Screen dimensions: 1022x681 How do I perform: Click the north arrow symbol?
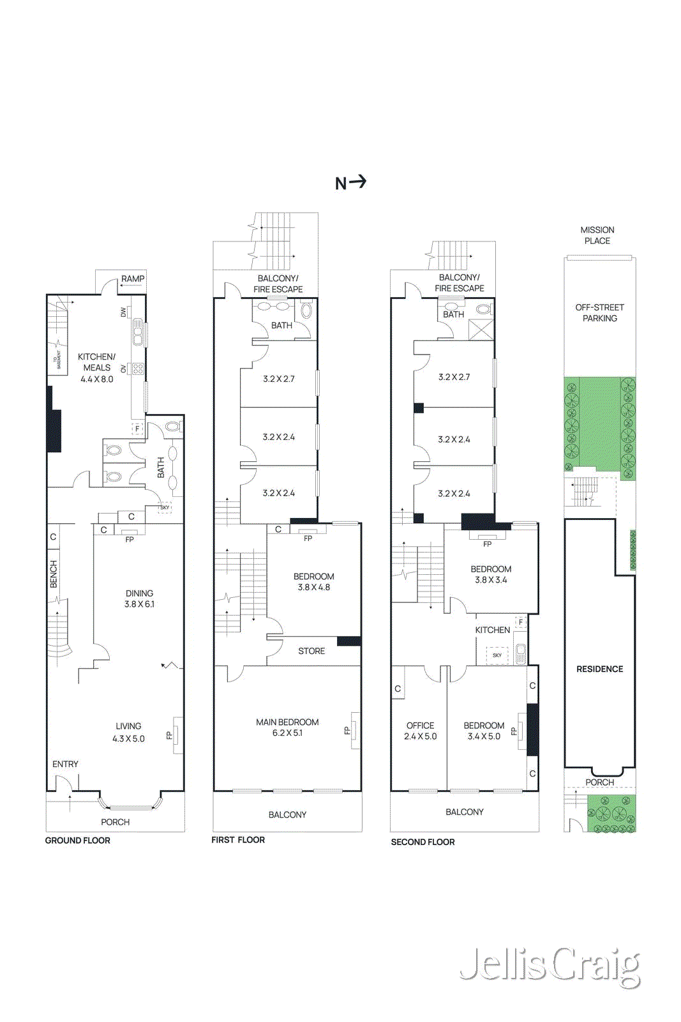pos(351,183)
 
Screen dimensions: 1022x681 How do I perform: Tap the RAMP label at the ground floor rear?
pos(133,279)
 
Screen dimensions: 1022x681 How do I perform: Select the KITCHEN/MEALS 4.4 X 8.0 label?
pos(97,368)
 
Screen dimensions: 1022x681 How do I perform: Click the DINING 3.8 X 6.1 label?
pos(139,599)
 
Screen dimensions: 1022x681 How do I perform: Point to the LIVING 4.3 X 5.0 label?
pos(128,732)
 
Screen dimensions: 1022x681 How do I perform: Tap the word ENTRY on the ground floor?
pos(65,764)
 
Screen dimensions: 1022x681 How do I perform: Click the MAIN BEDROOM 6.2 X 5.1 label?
pos(287,728)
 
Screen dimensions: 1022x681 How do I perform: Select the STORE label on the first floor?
pos(311,651)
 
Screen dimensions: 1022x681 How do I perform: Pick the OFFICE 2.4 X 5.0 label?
pos(420,731)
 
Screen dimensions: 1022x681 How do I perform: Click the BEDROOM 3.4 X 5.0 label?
pos(484,731)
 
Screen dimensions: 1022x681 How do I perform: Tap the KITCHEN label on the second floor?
pos(492,630)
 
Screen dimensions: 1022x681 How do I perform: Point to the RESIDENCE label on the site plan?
pos(599,669)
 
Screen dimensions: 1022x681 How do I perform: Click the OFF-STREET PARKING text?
pos(599,312)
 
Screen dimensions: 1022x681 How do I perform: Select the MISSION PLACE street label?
pos(597,235)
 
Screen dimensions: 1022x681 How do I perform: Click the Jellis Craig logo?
pos(550,966)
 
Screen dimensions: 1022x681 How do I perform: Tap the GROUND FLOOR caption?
pos(77,841)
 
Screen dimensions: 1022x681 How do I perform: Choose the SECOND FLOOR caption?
pos(423,842)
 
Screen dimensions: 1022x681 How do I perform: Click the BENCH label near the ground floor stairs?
pos(54,574)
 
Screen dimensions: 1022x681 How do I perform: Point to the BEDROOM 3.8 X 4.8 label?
pos(313,582)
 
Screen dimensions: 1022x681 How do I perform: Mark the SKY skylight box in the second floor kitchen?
pos(497,655)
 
